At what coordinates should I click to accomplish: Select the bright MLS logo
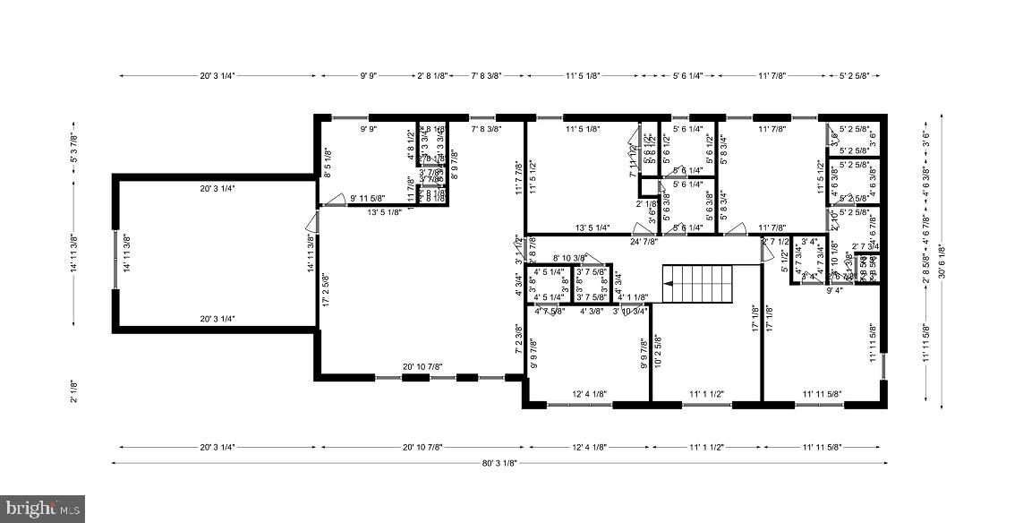coord(42,508)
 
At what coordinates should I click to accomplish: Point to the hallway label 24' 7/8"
coord(644,241)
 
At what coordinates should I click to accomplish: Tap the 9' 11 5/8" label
coord(368,198)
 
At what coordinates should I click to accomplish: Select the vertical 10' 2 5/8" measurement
coord(657,352)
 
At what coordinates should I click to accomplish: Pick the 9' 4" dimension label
coord(834,289)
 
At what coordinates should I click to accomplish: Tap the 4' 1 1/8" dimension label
coord(633,296)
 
